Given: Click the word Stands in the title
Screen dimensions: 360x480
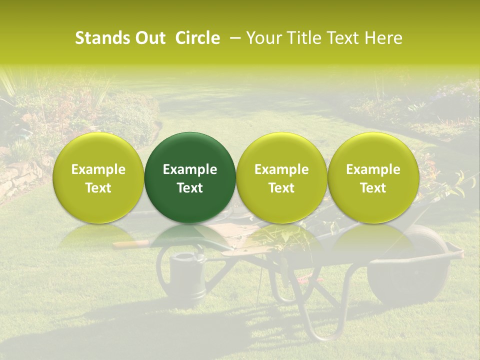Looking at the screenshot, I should coord(102,38).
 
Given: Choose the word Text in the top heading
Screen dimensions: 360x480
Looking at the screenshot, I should coord(343,38).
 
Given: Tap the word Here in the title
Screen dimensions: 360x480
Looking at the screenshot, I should coord(384,38).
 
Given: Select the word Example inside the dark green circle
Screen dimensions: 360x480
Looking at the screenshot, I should coord(190,169).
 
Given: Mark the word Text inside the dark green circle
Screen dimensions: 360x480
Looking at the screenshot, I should coord(190,188).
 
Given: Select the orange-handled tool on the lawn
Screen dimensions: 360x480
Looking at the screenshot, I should coord(131,243).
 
